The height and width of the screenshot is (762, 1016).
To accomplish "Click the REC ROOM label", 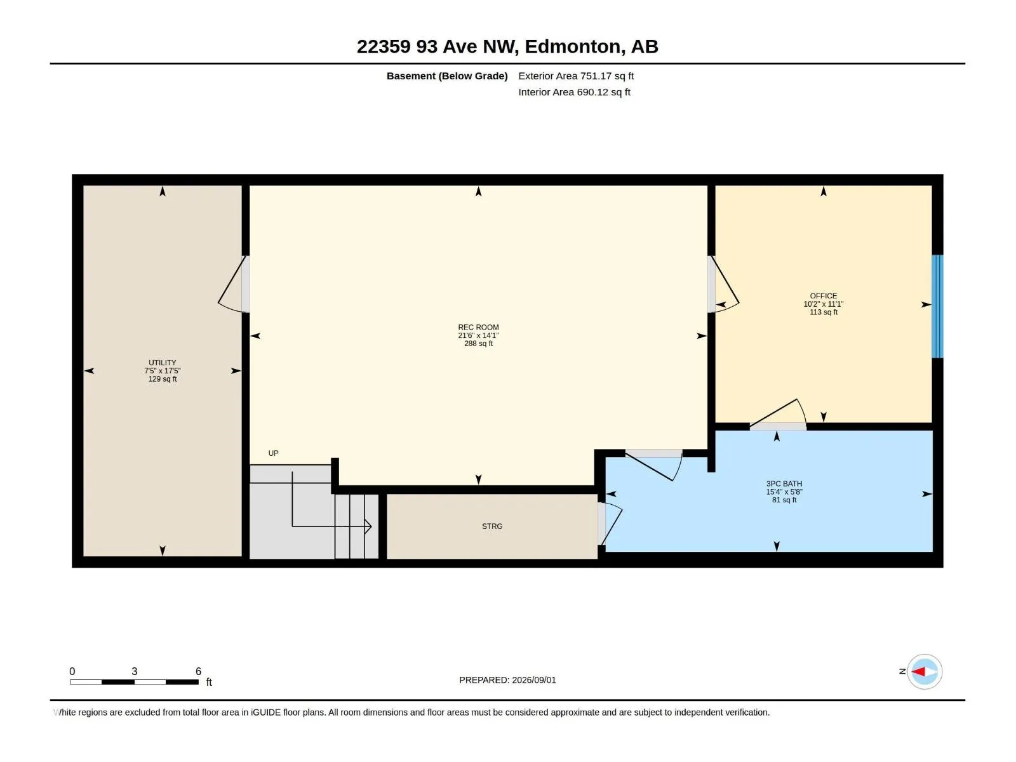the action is pos(478,327).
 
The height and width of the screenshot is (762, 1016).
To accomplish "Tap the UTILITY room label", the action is pos(162,363).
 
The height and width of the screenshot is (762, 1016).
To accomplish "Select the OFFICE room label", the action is pos(823,296).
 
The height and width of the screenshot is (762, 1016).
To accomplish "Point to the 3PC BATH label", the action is pos(784,483).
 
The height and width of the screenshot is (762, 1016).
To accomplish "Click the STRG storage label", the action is pos(491,526).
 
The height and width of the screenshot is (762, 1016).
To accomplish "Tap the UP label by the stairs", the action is pos(273,453).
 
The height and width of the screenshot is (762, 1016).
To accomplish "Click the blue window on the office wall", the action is pos(937,306).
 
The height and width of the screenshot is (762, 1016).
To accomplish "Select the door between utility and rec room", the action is pos(234,284).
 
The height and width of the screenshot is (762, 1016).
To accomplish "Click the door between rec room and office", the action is pos(723,284).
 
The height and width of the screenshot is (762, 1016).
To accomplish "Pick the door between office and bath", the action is pos(778,415).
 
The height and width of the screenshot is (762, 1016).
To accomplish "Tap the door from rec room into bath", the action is pos(653,465).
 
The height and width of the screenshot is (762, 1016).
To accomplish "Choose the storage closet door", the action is pos(610,523).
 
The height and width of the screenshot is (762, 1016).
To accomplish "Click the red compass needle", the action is pos(918,671).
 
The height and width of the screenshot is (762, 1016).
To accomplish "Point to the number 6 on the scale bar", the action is pos(198,671).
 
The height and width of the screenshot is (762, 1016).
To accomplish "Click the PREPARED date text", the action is pos(507,679).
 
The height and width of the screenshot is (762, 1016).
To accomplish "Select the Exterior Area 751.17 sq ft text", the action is pos(575,76).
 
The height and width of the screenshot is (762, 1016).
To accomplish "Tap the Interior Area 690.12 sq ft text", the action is pos(574,92).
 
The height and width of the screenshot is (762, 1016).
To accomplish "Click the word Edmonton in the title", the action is pos(573,46).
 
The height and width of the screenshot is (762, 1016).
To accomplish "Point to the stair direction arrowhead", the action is pos(368,526).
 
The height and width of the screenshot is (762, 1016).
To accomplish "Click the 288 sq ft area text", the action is pos(478,344).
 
